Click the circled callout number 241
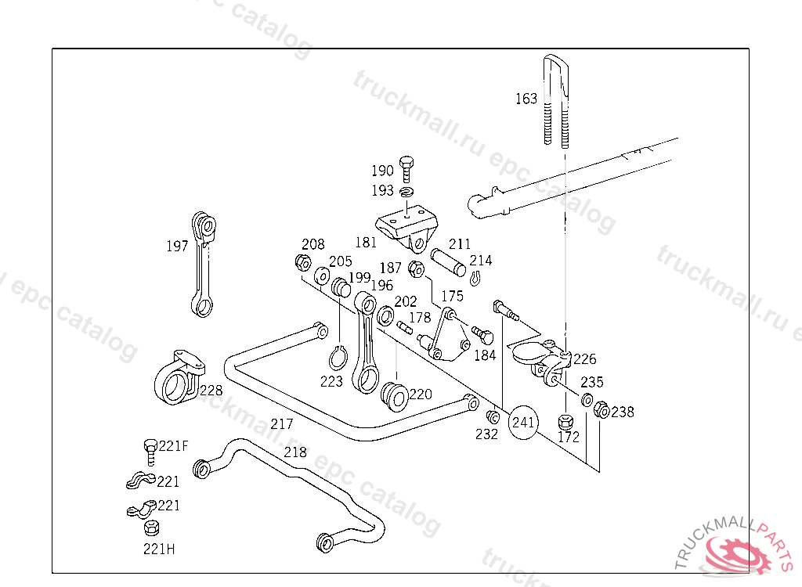[522, 423]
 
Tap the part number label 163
[526, 98]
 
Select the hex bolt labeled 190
[406, 169]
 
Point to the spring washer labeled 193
[407, 192]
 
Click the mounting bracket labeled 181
[408, 228]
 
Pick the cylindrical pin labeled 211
[448, 261]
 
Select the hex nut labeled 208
[303, 263]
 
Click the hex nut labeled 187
[417, 269]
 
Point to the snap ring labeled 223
[338, 358]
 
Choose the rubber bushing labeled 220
[395, 396]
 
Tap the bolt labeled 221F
[150, 452]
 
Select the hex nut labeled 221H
[151, 528]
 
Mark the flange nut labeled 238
[602, 409]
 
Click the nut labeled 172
[565, 422]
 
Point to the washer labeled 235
[587, 399]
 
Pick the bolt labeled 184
[482, 336]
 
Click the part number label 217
[282, 424]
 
